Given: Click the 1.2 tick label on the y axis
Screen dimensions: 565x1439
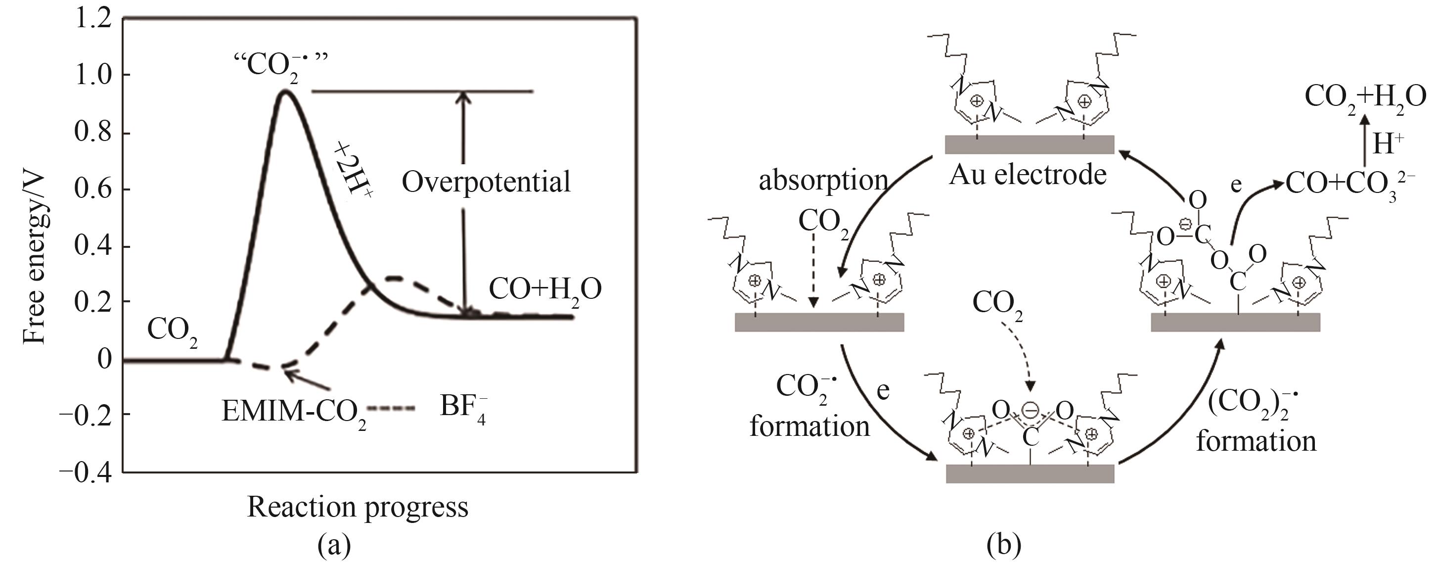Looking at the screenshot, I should (x=92, y=20).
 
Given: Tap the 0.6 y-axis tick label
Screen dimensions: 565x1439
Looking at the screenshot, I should (x=92, y=189).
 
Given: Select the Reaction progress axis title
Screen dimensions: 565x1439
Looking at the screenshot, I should (x=358, y=508).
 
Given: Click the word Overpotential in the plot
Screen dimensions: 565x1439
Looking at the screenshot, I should (x=486, y=182).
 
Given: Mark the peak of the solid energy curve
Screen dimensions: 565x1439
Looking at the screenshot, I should (x=285, y=91).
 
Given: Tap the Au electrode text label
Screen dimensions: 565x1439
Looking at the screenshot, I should (x=1028, y=176).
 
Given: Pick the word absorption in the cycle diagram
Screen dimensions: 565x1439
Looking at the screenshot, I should (x=823, y=180).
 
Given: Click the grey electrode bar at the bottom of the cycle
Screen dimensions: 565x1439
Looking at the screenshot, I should (x=1030, y=473).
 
